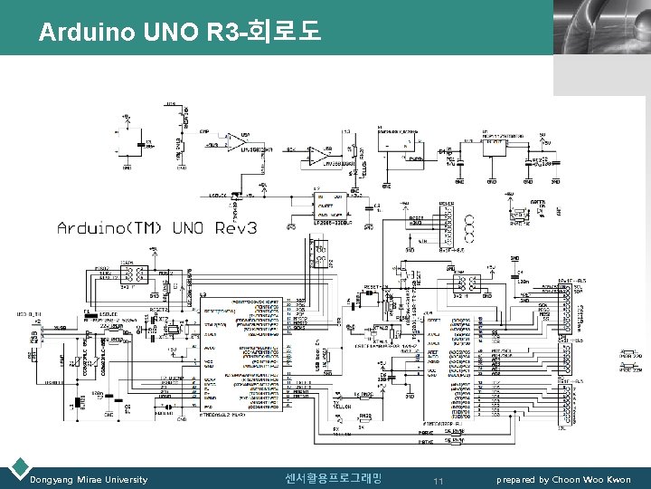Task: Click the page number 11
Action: click(439, 480)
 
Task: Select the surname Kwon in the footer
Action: click(618, 479)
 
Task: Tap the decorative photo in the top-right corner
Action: click(601, 27)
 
